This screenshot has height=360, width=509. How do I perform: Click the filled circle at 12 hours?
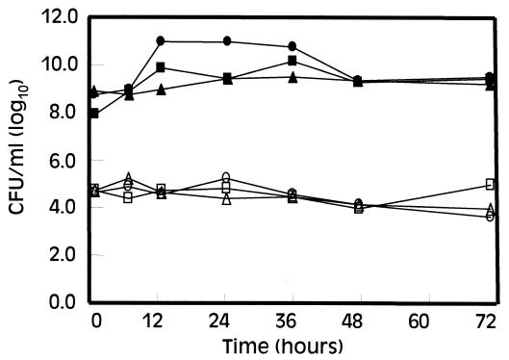(x=161, y=40)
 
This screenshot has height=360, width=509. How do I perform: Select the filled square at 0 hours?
(x=93, y=114)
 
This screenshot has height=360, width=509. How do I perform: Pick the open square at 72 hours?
(x=490, y=184)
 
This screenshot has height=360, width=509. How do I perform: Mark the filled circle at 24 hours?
(x=227, y=41)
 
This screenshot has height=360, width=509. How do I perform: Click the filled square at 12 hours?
(x=161, y=67)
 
